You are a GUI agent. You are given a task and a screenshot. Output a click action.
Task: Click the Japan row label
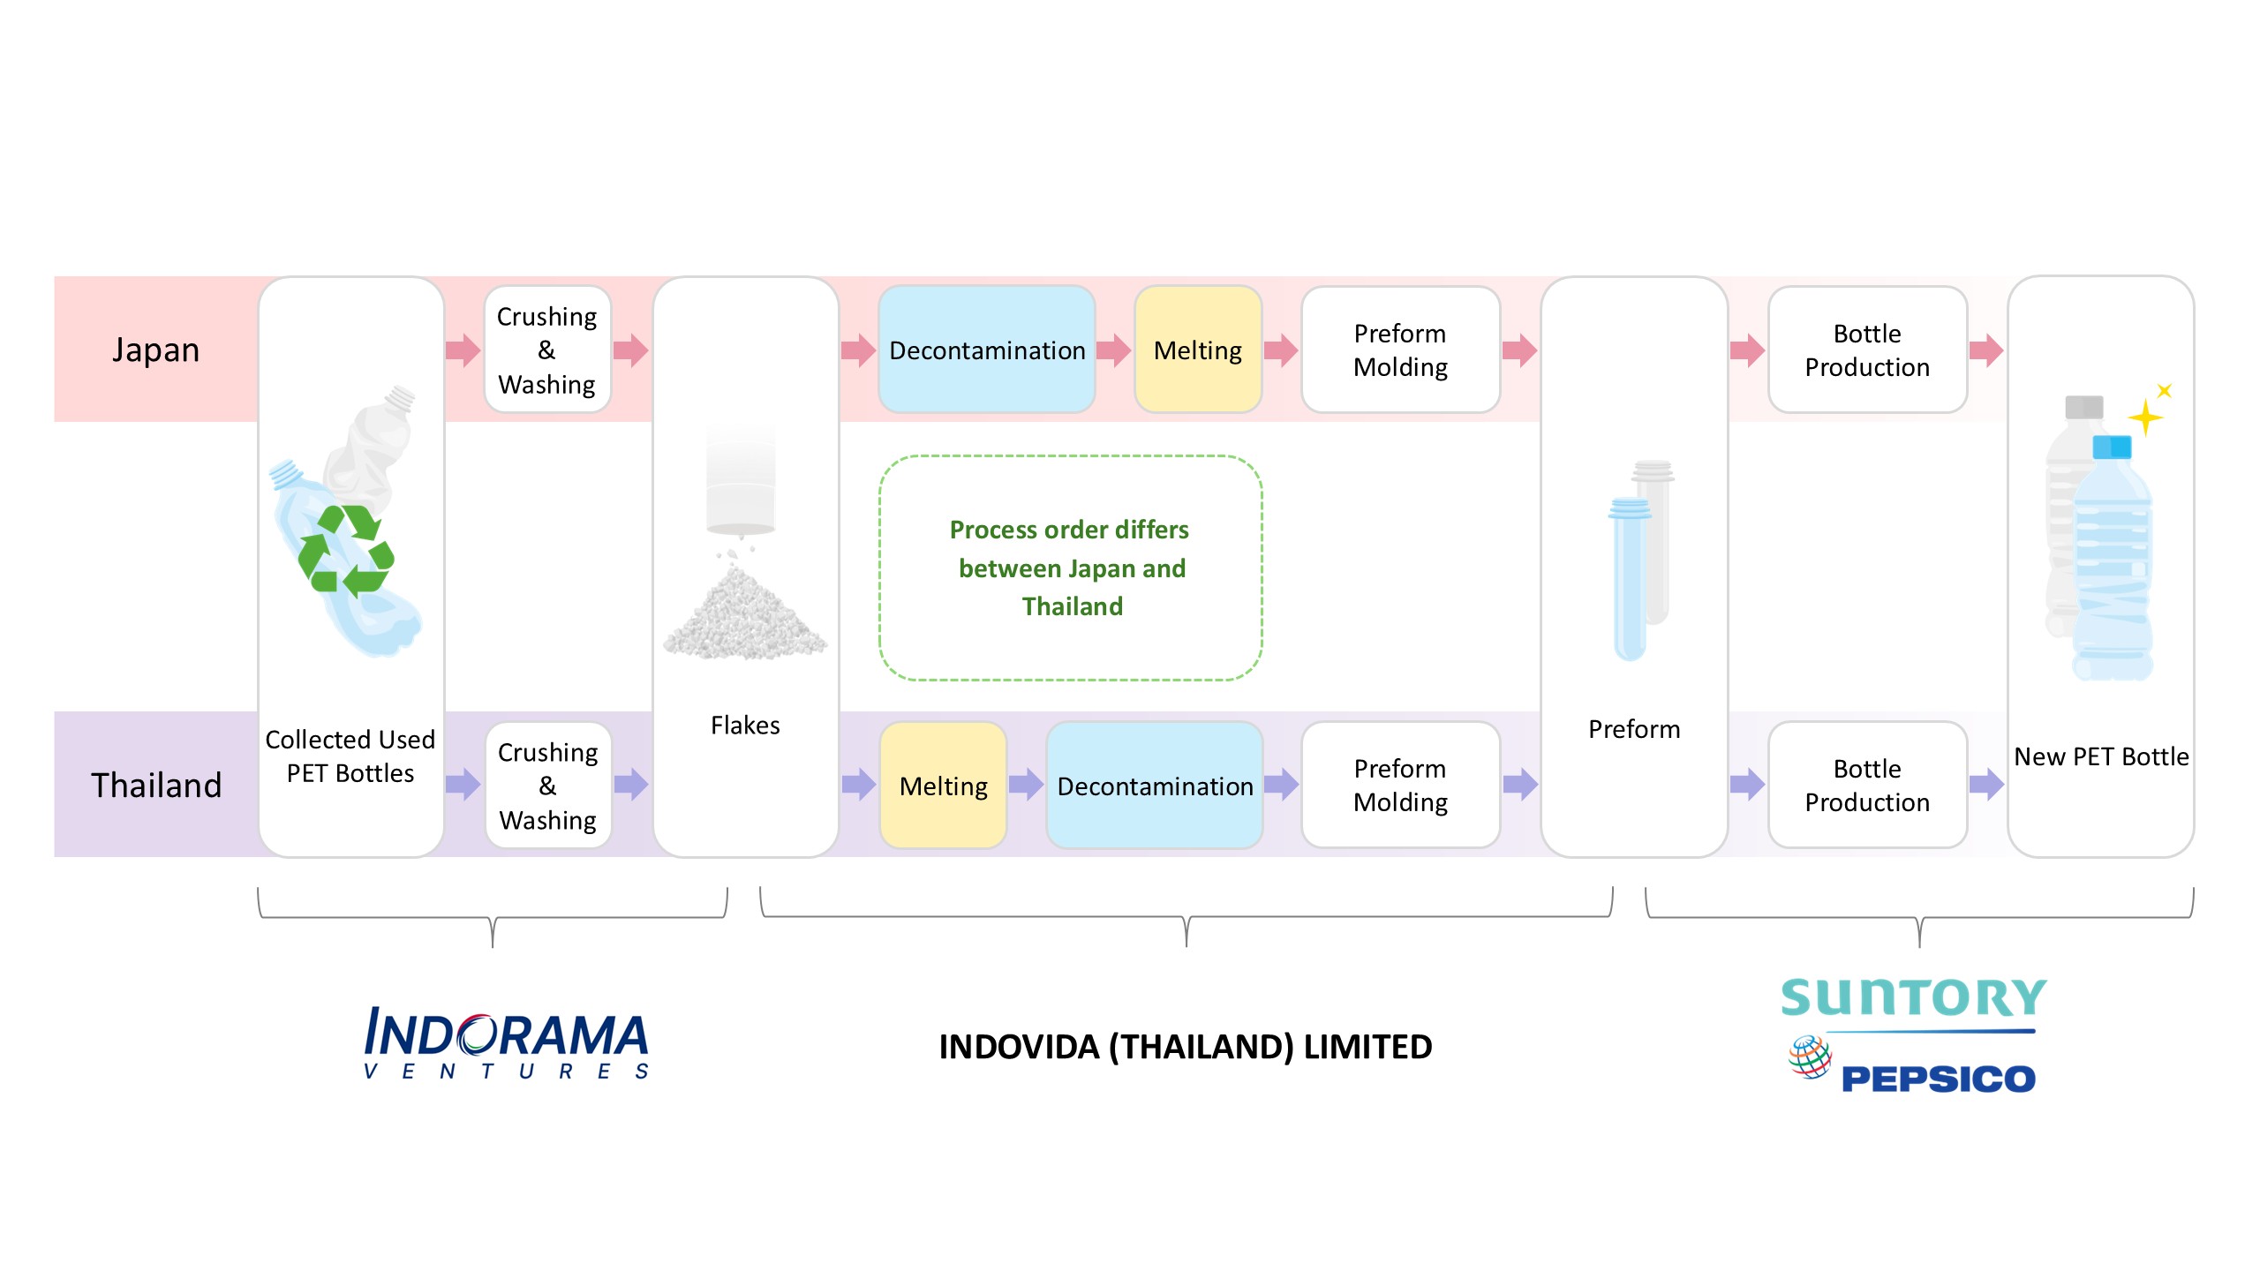point(155,350)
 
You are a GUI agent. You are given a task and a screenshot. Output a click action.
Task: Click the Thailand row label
point(156,785)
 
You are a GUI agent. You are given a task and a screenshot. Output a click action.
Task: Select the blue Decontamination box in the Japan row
point(987,350)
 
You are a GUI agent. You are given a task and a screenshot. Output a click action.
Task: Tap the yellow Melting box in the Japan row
point(1198,350)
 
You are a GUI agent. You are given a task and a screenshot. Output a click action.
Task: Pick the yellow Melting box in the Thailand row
point(944,785)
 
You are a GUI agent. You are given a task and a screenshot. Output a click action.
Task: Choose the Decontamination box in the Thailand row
point(1155,785)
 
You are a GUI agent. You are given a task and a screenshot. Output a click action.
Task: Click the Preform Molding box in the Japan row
point(1401,350)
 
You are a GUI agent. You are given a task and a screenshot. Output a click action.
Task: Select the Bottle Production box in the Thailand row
point(1868,785)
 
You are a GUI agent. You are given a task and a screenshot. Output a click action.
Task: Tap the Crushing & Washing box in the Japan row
point(547,350)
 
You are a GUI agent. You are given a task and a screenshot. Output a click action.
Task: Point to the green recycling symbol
point(346,551)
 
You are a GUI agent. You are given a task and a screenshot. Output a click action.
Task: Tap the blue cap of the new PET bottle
point(2113,446)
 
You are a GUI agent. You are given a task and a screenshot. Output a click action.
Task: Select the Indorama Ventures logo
point(507,1042)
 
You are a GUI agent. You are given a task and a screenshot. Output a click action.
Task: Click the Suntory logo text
point(1913,998)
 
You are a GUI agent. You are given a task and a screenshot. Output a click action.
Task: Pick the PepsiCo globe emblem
point(1810,1057)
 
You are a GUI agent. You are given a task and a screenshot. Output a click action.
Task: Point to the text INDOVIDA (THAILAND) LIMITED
point(1186,1047)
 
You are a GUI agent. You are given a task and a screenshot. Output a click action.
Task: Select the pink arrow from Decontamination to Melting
point(1114,350)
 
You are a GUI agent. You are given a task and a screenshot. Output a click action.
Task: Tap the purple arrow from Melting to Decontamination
point(1027,784)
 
